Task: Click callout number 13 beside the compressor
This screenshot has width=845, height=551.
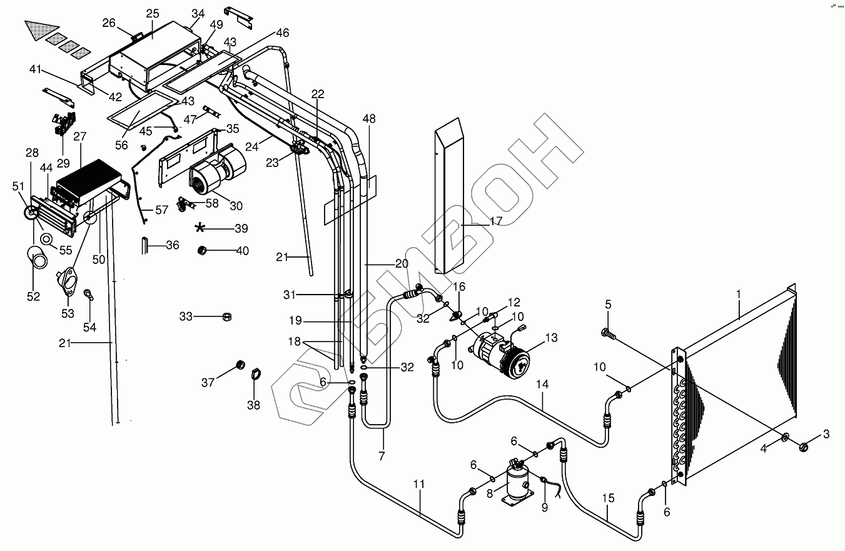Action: click(x=551, y=338)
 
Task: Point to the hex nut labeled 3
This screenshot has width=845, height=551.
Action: click(x=805, y=447)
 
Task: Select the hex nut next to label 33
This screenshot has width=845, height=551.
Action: click(x=228, y=317)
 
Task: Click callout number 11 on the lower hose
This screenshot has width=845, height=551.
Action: click(x=419, y=484)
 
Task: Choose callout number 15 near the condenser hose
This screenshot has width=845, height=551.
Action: click(x=608, y=498)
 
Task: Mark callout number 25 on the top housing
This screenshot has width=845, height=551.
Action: click(x=153, y=14)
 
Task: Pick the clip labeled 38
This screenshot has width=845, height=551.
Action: click(x=255, y=375)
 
